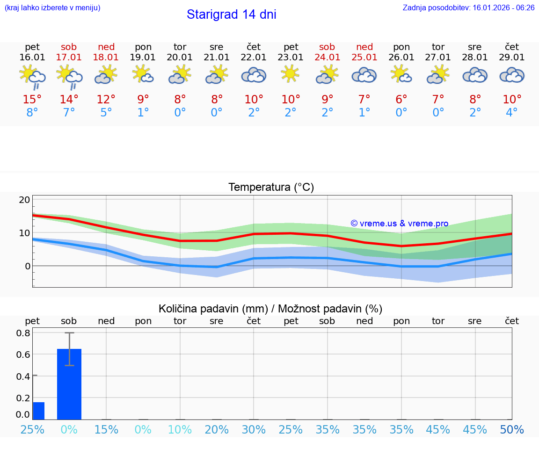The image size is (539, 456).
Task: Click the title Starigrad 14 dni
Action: (x=231, y=14)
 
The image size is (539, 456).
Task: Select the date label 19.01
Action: (x=143, y=58)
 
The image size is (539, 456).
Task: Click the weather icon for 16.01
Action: (x=32, y=77)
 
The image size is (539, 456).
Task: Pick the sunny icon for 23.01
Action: (x=291, y=74)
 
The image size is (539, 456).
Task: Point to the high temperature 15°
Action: (x=32, y=100)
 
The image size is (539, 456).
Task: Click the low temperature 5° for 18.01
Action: (x=106, y=113)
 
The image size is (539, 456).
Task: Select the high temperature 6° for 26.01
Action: (x=401, y=100)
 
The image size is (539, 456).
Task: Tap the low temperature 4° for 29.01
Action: (x=512, y=113)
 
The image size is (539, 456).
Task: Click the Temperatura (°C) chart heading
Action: (x=271, y=188)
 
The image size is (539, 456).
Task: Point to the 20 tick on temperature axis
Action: (x=24, y=200)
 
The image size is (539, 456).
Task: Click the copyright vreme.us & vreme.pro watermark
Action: (x=400, y=224)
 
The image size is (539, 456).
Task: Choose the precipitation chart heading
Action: (x=270, y=309)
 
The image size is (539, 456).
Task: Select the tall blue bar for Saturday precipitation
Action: (x=69, y=384)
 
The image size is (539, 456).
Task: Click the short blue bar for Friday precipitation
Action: (x=38, y=411)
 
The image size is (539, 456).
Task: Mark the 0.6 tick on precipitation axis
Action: (x=24, y=355)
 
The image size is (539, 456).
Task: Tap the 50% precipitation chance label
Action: (x=512, y=429)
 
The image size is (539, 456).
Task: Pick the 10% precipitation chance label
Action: (x=180, y=429)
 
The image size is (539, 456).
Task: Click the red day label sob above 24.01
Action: (x=327, y=47)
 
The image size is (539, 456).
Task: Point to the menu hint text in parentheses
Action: (x=52, y=8)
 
